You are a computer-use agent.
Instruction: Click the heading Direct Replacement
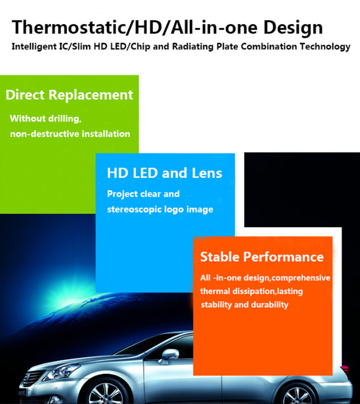69,95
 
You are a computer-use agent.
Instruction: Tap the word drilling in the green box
64,118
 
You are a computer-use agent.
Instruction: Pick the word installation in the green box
106,134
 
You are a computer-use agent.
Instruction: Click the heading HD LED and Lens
164,173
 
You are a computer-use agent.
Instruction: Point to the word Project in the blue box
123,194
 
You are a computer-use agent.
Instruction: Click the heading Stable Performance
262,257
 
